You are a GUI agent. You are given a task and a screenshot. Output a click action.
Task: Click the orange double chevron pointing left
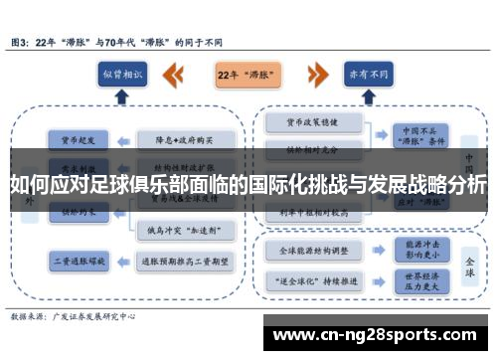pos(174,75)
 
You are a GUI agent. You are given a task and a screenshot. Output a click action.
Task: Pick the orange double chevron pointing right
pos(316,75)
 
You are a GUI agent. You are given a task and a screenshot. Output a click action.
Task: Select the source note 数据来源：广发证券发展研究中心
pos(76,315)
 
